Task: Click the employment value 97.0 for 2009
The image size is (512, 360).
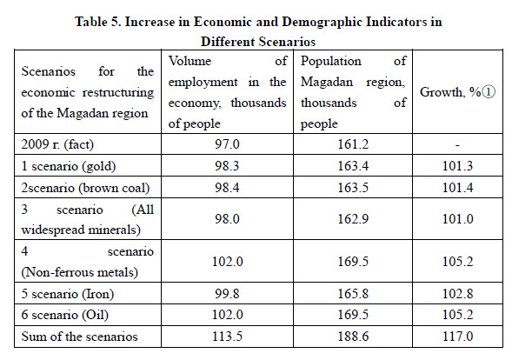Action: [227, 144]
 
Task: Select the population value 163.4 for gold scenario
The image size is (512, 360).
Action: [353, 166]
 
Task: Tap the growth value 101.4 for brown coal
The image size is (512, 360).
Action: [457, 188]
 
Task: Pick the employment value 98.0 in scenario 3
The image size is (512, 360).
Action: [227, 218]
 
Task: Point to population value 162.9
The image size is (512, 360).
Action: [353, 218]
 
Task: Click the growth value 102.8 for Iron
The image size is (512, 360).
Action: [457, 294]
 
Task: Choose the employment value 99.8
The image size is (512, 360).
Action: [227, 294]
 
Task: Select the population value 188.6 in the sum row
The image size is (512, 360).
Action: [353, 337]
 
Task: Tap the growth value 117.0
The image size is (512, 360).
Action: [457, 337]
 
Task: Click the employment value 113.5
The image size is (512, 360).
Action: [227, 337]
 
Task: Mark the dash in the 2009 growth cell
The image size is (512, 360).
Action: [457, 144]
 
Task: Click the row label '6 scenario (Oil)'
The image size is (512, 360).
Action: [64, 315]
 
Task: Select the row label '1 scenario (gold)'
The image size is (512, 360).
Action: [69, 166]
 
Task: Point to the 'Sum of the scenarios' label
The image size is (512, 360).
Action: [79, 337]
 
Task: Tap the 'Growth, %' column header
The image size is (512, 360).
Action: [450, 92]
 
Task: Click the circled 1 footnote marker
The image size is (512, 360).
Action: [489, 92]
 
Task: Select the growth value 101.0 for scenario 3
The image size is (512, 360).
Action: [457, 218]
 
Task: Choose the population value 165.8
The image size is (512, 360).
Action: [353, 294]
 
